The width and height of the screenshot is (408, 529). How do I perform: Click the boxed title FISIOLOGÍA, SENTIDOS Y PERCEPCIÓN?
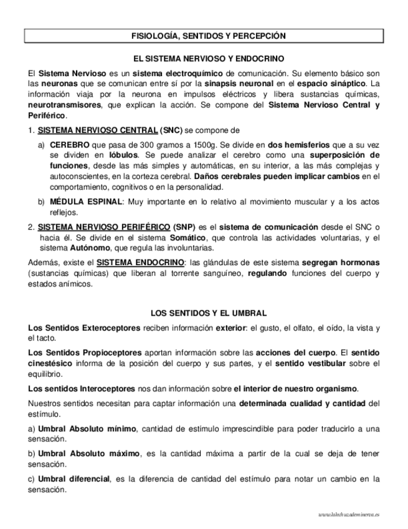[x=204, y=37]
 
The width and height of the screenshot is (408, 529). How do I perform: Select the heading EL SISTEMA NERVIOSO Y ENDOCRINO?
[x=204, y=58]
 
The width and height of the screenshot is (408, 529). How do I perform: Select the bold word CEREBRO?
[x=69, y=144]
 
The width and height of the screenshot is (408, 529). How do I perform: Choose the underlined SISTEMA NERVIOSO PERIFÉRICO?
[x=103, y=226]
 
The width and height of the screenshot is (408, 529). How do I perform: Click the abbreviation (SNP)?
[x=187, y=226]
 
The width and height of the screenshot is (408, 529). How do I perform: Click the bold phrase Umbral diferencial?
[x=74, y=478]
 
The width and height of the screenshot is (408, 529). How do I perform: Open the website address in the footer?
[x=348, y=515]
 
